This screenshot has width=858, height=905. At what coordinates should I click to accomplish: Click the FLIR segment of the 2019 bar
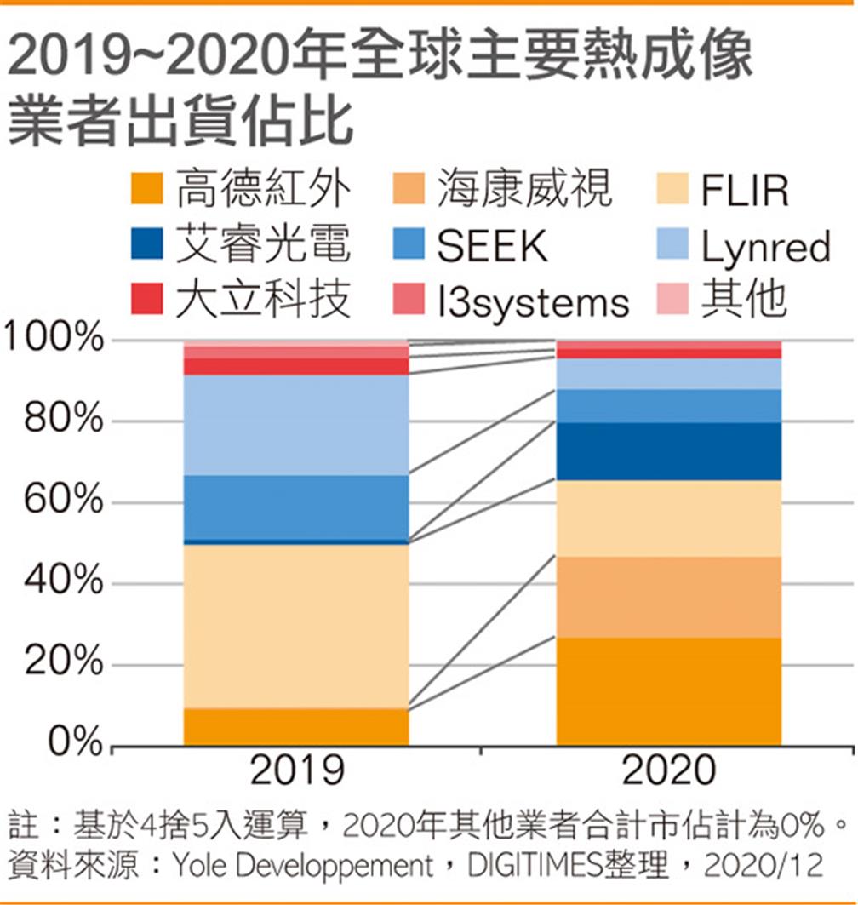pos(297,626)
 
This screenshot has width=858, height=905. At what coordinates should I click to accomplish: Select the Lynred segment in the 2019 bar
pos(297,424)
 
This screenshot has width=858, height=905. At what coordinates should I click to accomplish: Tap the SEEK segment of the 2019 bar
pos(297,507)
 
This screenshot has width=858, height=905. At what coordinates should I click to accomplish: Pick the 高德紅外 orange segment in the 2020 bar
pos(668,691)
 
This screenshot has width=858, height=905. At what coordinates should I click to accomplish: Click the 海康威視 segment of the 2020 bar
pos(668,597)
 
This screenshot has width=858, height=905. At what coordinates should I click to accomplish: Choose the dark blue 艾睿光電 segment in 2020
pos(668,451)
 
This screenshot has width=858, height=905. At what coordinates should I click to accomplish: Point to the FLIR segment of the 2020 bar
pos(668,518)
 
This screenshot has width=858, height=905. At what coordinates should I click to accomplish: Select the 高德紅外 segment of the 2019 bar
pos(297,727)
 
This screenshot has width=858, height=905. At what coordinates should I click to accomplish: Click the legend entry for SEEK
pos(492,246)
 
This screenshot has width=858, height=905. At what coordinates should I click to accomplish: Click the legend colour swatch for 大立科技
pos(146,301)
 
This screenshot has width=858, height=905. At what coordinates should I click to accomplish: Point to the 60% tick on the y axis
pos(60,501)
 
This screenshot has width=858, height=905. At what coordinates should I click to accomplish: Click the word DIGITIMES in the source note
pos(537,867)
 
